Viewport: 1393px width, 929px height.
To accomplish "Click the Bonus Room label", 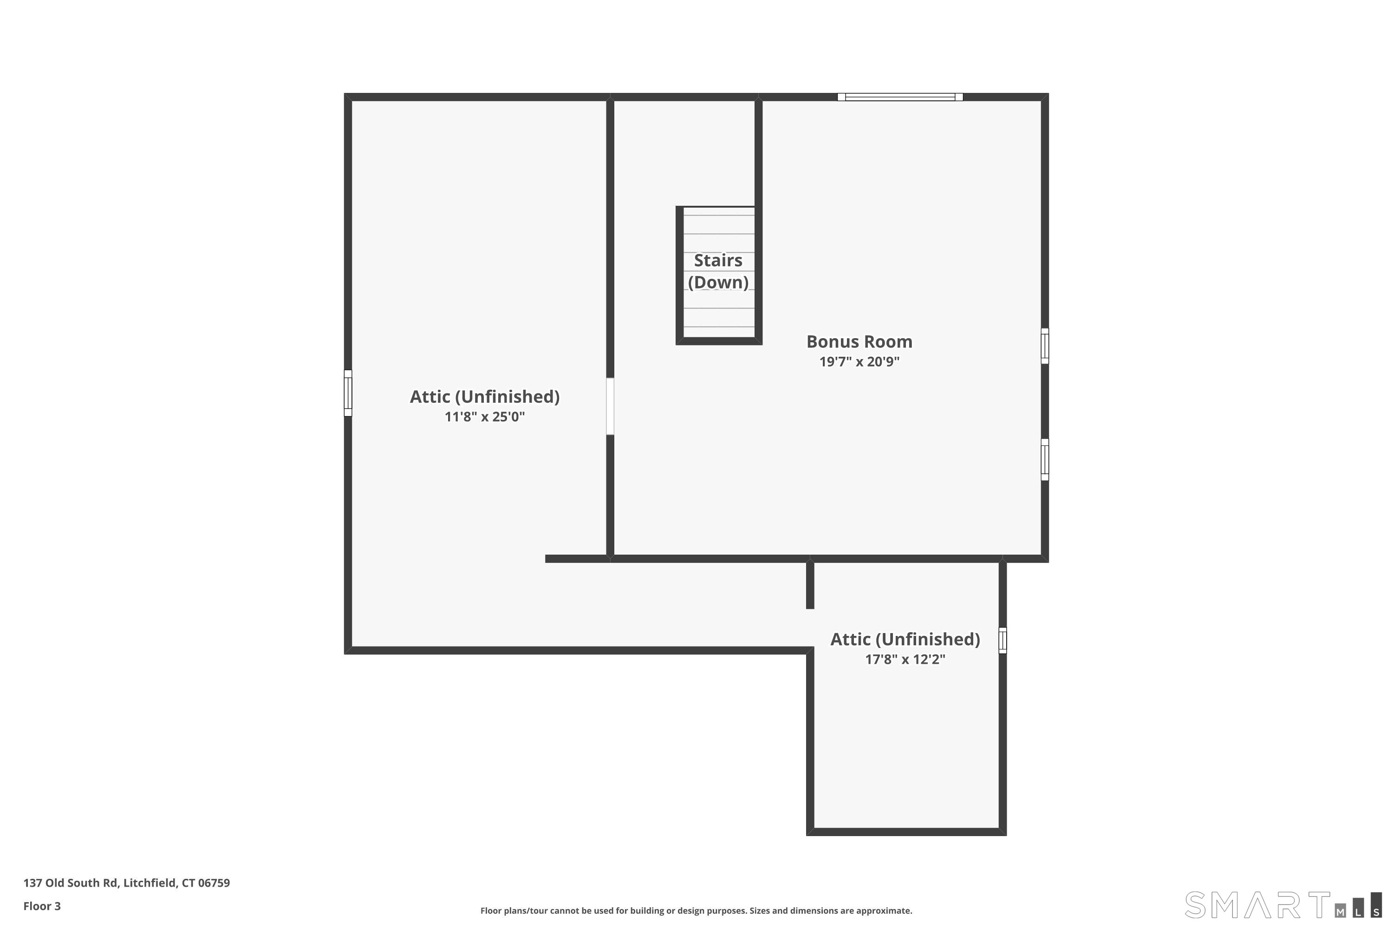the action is click(859, 342).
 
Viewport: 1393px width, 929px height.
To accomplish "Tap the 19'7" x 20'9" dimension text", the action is click(859, 361).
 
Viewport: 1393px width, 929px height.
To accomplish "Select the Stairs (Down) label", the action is click(718, 271).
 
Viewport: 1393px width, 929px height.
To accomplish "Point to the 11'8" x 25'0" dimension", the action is click(484, 417).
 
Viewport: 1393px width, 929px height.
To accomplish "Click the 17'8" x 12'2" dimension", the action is click(905, 660).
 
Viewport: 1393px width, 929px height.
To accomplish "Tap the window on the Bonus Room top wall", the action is click(900, 97).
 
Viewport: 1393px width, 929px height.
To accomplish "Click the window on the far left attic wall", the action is click(348, 393).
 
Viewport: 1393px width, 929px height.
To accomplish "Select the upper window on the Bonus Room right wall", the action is click(1045, 346).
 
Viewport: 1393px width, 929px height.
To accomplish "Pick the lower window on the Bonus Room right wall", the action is click(1045, 460).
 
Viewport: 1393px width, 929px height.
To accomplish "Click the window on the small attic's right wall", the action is click(1002, 641).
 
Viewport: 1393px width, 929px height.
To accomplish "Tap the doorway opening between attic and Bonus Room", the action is click(610, 406).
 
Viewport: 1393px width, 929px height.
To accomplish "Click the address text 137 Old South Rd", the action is click(71, 883).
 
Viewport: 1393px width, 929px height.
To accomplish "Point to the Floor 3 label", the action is click(42, 906).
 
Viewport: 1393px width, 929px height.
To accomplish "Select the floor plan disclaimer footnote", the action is click(696, 910).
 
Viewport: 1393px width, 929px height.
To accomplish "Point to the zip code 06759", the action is click(214, 883).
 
